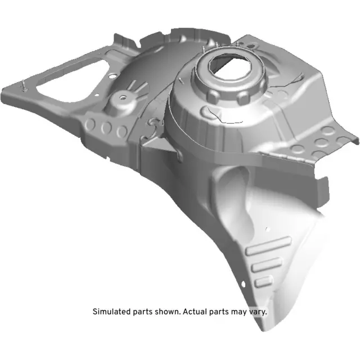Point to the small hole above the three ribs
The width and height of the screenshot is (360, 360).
pos(268,228)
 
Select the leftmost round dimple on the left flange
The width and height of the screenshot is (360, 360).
pos(92,125)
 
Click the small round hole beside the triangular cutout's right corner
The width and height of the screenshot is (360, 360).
pos(112,74)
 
